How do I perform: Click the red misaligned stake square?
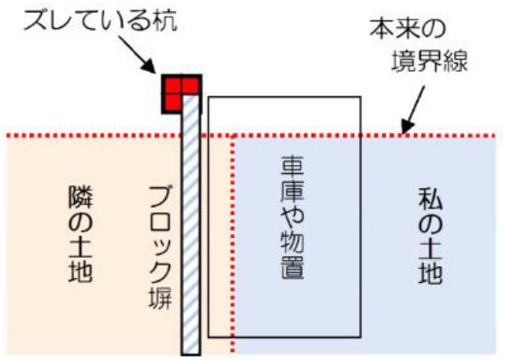[181, 94]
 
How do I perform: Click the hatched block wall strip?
[190, 245]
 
